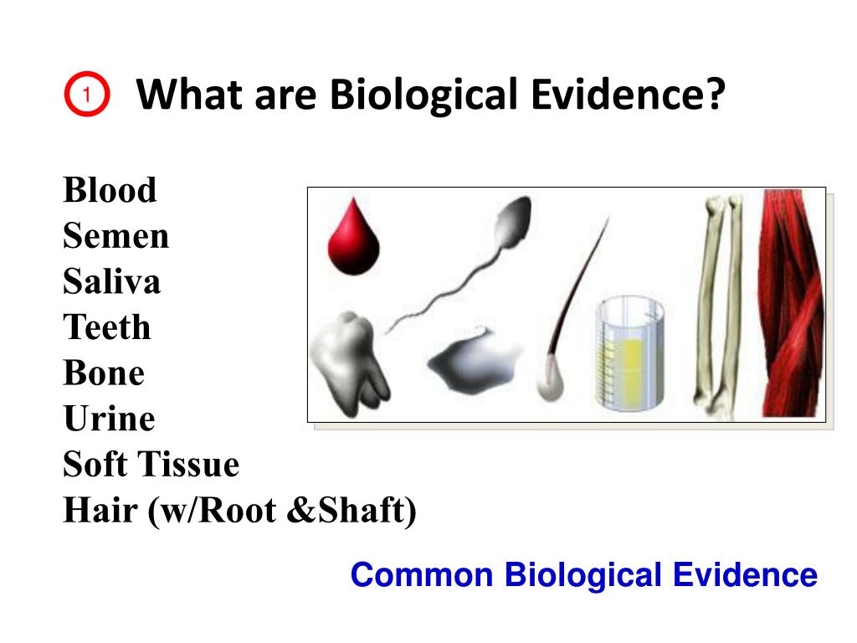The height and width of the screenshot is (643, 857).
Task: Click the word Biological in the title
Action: coord(423,96)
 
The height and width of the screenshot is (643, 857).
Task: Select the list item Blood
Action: coord(110,191)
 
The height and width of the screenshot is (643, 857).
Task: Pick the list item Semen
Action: coord(115,237)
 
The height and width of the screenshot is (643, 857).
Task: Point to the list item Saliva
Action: coord(111,282)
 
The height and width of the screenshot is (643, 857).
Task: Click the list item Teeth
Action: coord(107,327)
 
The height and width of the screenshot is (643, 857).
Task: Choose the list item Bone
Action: coord(104,373)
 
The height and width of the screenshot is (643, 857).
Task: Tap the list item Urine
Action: coord(109,419)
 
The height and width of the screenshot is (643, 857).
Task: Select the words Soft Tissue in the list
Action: coord(151,465)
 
